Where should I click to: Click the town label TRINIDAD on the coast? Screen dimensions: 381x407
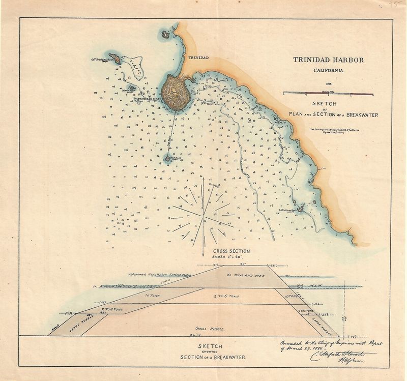pos(199,58)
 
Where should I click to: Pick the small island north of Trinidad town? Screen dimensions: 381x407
pos(166,35)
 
